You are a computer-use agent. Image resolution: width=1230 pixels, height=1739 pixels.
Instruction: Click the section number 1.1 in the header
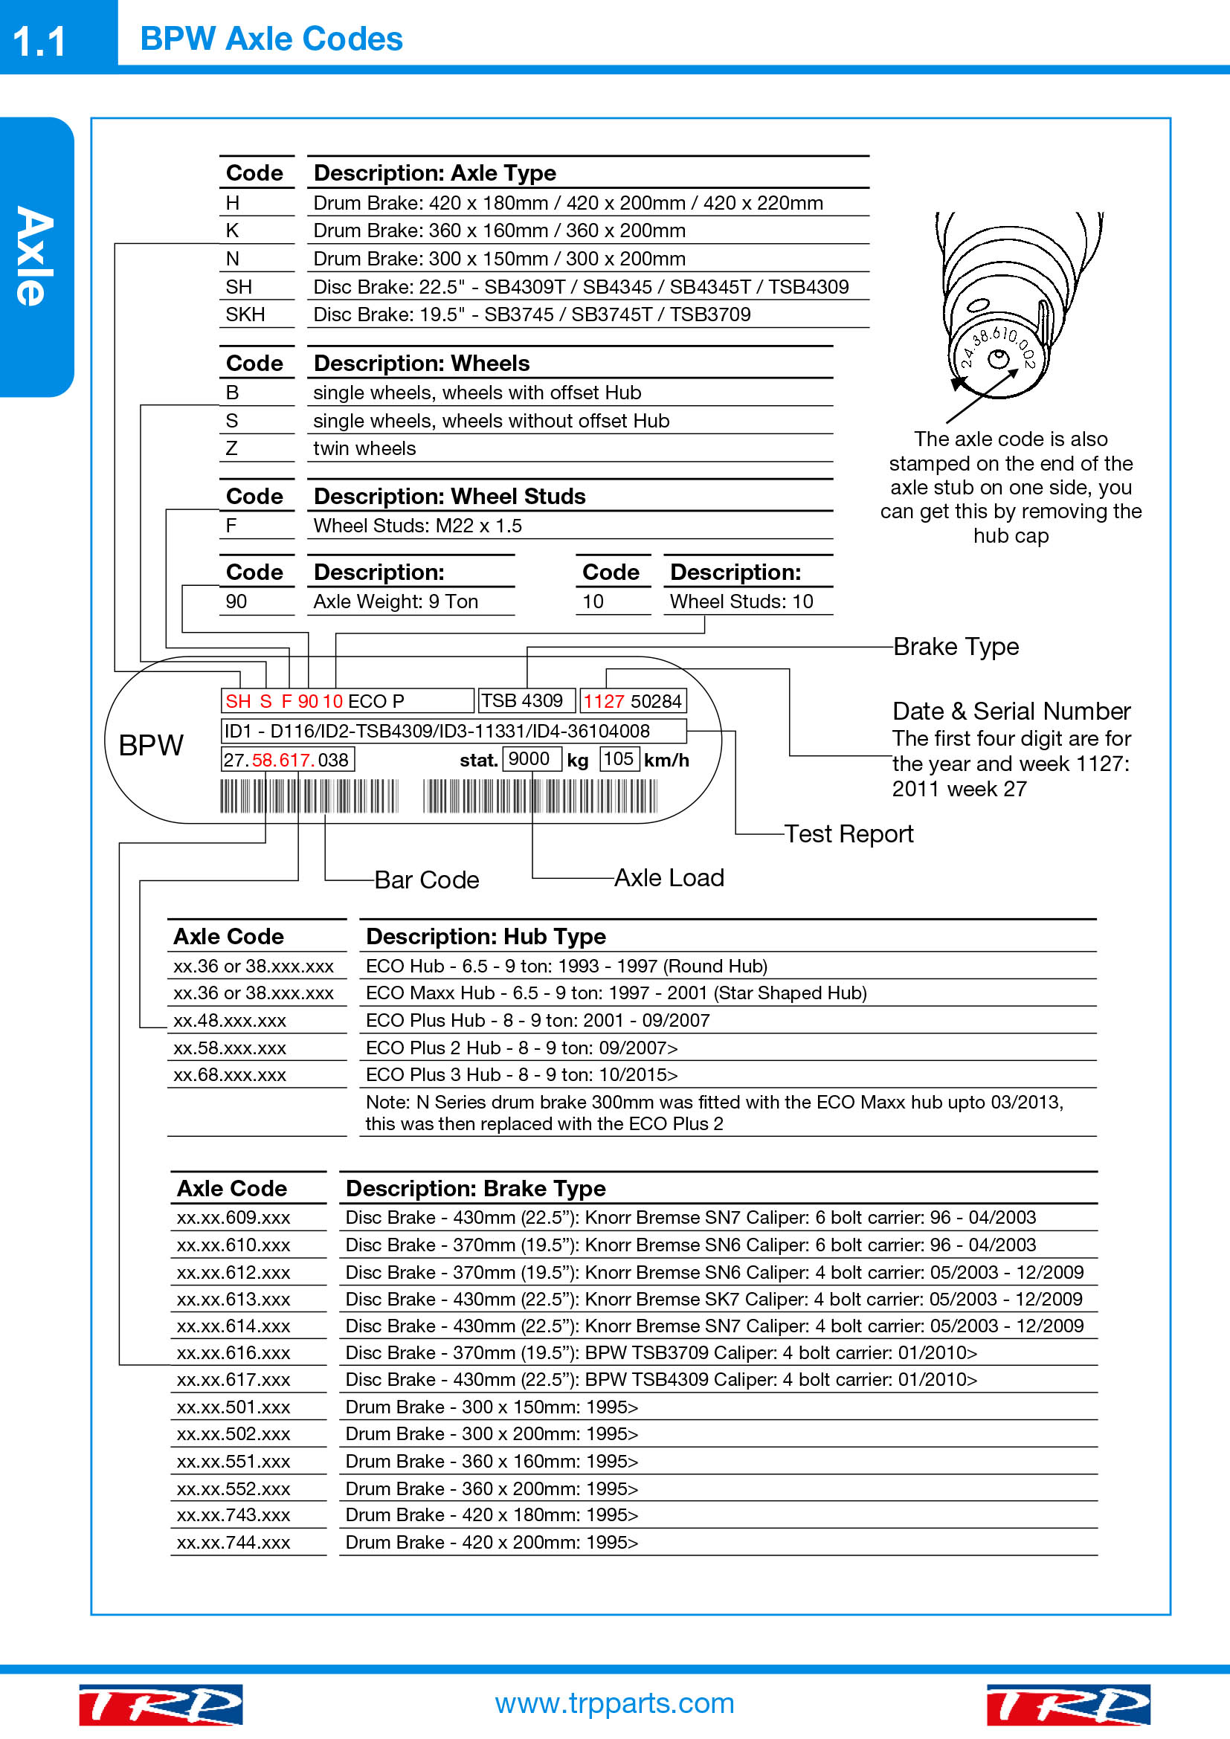point(39,41)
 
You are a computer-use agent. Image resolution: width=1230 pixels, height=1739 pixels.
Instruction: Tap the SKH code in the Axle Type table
point(245,314)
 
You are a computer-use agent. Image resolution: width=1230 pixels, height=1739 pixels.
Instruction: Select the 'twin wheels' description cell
point(364,448)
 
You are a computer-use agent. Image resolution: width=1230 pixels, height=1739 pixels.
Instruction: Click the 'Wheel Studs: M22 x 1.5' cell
point(417,526)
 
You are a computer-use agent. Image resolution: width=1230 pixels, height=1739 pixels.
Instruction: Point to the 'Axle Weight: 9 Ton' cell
point(396,601)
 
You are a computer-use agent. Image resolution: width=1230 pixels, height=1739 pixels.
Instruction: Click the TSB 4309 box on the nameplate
point(523,700)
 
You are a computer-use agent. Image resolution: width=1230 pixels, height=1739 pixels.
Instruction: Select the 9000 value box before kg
point(529,759)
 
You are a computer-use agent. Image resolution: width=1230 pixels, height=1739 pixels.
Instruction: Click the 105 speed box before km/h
point(619,759)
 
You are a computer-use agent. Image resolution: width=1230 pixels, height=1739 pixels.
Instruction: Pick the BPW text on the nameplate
point(152,746)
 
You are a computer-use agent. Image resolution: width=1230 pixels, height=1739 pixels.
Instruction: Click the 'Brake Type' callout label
point(956,647)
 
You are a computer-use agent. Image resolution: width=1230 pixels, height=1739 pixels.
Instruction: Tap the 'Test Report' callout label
point(849,834)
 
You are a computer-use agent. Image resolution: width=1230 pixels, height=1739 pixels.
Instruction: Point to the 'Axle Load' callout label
point(669,878)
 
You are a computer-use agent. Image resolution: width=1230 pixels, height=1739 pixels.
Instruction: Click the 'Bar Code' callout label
point(426,880)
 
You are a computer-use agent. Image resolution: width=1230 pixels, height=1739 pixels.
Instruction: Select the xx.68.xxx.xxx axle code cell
point(230,1075)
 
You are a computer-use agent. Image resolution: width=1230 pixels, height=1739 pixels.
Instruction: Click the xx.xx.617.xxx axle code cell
point(234,1379)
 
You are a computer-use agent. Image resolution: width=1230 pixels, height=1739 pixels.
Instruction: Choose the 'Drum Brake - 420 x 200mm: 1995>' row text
point(492,1542)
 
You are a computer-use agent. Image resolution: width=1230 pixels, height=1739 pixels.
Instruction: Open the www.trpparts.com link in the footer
point(614,1703)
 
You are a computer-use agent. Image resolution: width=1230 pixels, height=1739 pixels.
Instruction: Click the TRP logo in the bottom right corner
point(1068,1704)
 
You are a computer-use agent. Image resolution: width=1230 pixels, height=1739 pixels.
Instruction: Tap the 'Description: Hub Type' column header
point(486,937)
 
